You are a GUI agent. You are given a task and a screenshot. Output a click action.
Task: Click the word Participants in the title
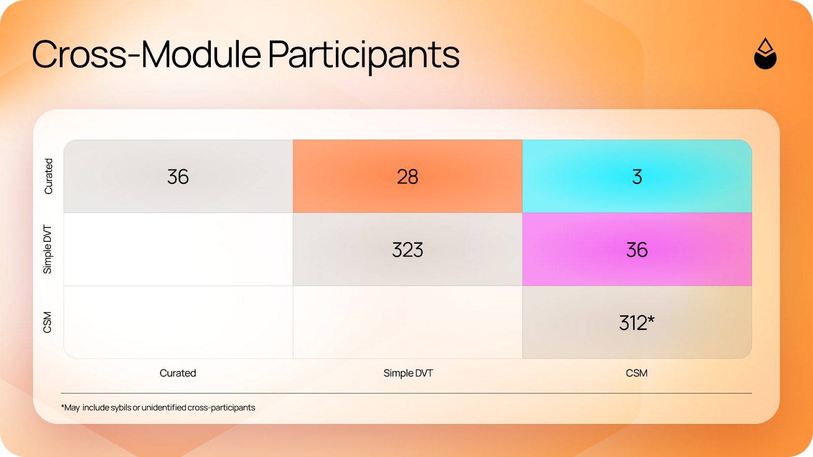click(x=364, y=56)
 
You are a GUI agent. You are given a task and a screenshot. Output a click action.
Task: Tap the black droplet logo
click(x=765, y=53)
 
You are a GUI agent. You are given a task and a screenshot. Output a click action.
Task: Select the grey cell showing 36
click(x=178, y=176)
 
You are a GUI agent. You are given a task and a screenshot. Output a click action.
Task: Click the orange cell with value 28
click(x=408, y=176)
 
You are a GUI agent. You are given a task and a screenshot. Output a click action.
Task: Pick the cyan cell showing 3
click(x=637, y=176)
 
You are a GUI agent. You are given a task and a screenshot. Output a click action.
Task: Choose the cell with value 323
click(x=408, y=249)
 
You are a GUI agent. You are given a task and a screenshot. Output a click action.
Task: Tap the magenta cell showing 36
click(x=637, y=249)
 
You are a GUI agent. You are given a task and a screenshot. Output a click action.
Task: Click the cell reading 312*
click(x=637, y=322)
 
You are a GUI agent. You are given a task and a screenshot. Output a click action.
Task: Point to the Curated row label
click(x=48, y=176)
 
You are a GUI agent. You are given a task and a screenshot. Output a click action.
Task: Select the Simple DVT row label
click(x=48, y=249)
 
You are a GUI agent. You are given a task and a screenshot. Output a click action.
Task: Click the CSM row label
click(x=48, y=322)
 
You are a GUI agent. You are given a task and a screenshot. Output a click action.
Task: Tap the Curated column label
click(x=178, y=373)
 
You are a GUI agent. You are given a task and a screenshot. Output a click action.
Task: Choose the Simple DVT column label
click(x=408, y=373)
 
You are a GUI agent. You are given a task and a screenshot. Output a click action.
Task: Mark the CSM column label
click(x=637, y=373)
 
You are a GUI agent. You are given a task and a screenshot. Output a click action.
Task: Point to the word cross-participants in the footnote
click(x=222, y=408)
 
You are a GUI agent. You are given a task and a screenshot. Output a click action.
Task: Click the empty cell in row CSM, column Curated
click(x=178, y=322)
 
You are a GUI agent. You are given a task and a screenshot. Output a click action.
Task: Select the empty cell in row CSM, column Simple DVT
click(x=408, y=322)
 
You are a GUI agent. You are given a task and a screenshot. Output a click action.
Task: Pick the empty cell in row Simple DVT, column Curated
click(x=178, y=249)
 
